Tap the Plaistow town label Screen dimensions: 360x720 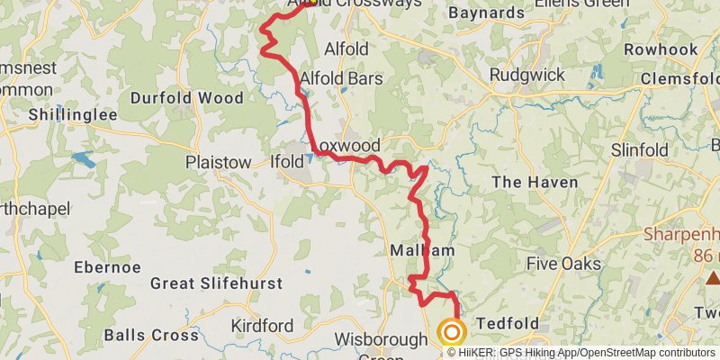218,162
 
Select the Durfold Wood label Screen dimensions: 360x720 187,97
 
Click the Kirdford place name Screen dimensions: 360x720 262,325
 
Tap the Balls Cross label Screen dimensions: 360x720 151,335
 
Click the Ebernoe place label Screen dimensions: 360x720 108,267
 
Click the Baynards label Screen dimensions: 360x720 486,13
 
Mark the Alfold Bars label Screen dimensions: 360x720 342,78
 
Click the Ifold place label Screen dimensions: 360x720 287,162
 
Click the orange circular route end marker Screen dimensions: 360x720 451,333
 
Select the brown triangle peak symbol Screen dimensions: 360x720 711,277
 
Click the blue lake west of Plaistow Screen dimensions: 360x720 83,160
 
